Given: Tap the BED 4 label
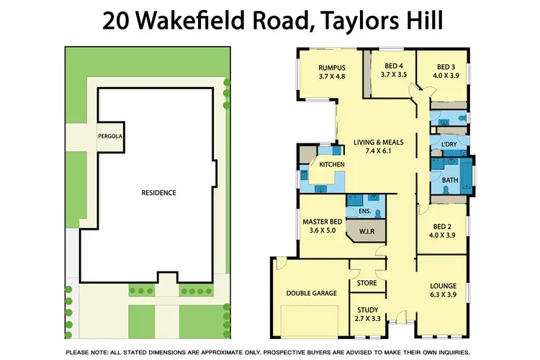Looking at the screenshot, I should tap(393, 66).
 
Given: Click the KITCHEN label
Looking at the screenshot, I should tap(333, 166).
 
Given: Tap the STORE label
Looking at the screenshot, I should tap(366, 283).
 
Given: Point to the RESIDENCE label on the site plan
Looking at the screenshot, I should tap(158, 193).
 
